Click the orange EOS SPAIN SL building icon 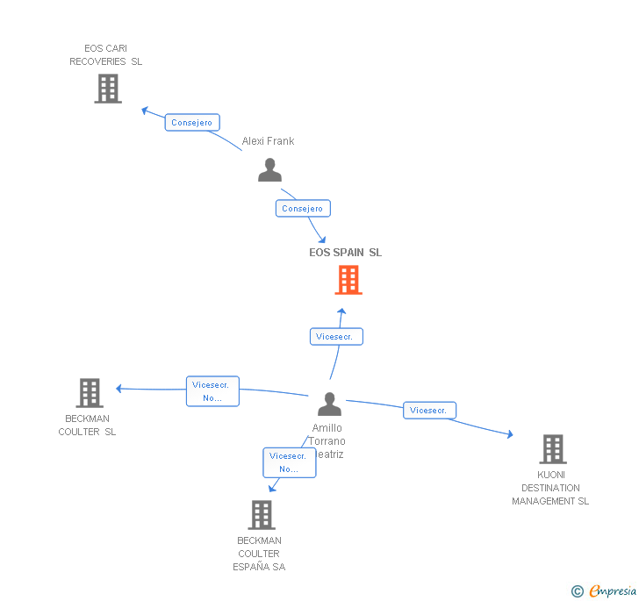point(348,280)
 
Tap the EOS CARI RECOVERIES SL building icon point(107,89)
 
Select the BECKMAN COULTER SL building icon point(89,393)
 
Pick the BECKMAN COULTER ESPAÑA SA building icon point(262,515)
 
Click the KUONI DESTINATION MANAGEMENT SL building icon point(552,449)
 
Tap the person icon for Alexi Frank point(269,170)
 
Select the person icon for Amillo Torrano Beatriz point(329,404)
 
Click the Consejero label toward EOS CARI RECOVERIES point(192,123)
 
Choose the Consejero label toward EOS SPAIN point(303,209)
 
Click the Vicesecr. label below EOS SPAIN point(336,336)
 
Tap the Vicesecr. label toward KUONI point(429,410)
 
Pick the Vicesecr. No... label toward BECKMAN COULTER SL point(212,391)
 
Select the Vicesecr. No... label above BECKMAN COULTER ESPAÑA point(289,462)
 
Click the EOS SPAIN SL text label point(346,253)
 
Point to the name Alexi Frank point(269,141)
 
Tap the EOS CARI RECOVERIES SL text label point(106,55)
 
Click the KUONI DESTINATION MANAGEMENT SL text point(551,488)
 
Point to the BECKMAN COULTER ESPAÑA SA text point(259,554)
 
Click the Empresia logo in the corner point(605,590)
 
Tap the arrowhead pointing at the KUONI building point(509,433)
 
